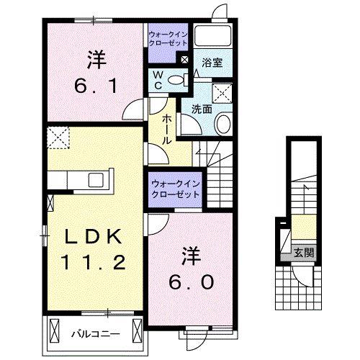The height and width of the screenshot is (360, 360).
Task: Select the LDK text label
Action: tap(94, 237)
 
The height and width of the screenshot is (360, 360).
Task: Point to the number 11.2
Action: tap(94, 262)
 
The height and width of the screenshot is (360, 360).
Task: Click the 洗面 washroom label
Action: tap(201, 109)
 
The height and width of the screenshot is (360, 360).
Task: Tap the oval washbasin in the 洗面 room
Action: tap(222, 124)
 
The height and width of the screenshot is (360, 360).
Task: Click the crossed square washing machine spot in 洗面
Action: tap(223, 91)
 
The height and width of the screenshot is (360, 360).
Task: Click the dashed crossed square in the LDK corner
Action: tap(58, 135)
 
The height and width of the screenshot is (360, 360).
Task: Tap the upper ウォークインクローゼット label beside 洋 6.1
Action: tap(168, 38)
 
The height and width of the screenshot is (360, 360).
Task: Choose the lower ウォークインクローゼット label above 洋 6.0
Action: tap(175, 189)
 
